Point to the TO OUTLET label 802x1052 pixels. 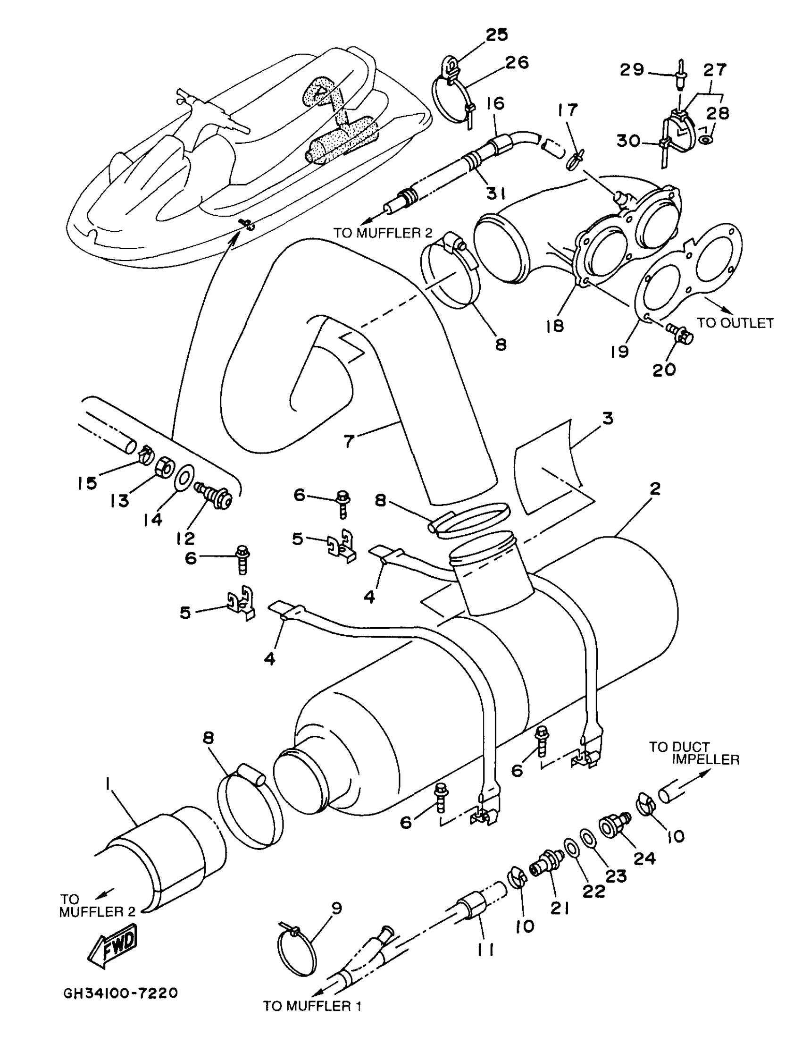(735, 323)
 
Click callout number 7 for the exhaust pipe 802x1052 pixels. (350, 441)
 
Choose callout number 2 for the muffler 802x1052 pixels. (655, 488)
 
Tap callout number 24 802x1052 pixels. (644, 857)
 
